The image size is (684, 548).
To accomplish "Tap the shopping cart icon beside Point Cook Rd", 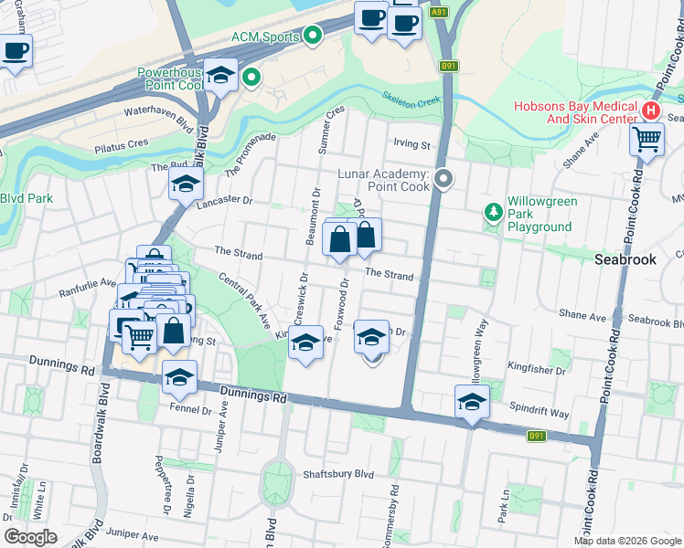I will pyautogui.click(x=647, y=140).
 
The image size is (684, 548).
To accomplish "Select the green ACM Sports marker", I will pyautogui.click(x=314, y=36).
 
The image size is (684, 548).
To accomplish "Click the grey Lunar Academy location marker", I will pyautogui.click(x=444, y=178).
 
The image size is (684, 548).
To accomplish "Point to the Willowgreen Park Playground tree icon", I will pyautogui.click(x=494, y=212).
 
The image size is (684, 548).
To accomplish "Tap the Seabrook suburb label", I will pyautogui.click(x=625, y=259).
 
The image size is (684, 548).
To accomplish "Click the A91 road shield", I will pyautogui.click(x=439, y=12).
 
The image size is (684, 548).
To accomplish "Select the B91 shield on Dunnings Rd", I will pyautogui.click(x=537, y=436).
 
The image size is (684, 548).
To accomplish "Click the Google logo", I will pyautogui.click(x=30, y=537).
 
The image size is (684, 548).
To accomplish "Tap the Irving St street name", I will pyautogui.click(x=411, y=144).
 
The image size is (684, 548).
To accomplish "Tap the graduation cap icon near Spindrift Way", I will pyautogui.click(x=472, y=402).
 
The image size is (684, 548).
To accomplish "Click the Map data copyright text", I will pyautogui.click(x=627, y=541).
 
